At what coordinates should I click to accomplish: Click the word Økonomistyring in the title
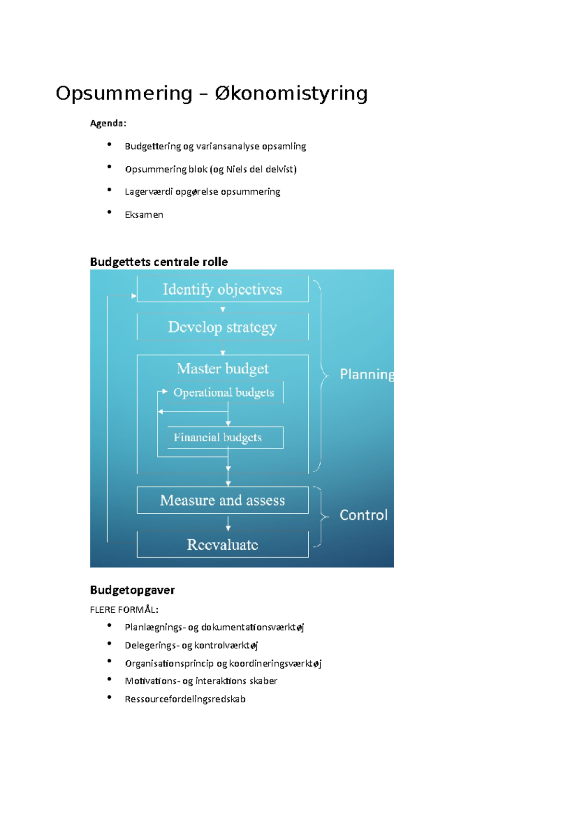point(291,93)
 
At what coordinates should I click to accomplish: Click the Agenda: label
point(108,124)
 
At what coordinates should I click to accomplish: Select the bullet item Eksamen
point(144,215)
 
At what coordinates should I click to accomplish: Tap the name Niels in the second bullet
point(237,169)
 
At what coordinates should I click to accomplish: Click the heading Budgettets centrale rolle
point(159,262)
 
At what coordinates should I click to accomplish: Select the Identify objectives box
point(222,289)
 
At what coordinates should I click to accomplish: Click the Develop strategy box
point(222,327)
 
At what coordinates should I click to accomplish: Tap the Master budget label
point(223,369)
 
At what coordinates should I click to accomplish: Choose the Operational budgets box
point(224,393)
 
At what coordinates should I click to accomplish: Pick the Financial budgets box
point(225,438)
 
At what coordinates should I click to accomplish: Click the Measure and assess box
point(222,500)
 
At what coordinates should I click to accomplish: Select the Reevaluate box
point(222,544)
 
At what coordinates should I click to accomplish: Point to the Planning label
point(366,374)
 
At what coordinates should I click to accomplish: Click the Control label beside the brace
point(363,515)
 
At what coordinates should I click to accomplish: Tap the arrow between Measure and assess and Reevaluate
point(228,523)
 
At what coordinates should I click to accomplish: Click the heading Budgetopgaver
point(132,590)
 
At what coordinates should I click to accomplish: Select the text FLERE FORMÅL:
point(124,610)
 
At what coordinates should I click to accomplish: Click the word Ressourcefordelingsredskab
point(185,699)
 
